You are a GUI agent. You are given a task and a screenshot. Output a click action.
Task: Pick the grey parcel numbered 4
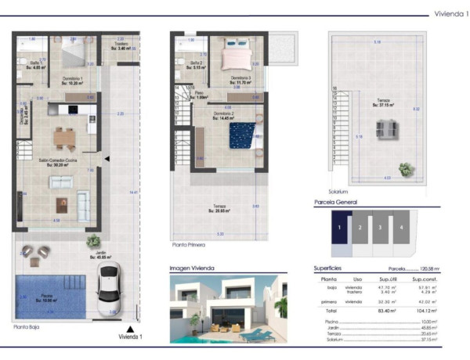point(403,228)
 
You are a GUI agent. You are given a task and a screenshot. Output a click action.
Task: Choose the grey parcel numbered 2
point(360,228)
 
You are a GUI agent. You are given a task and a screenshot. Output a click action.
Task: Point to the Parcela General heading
point(336,202)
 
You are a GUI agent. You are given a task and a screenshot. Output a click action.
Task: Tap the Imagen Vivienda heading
point(193,268)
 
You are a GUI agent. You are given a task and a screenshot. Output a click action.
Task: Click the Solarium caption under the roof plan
point(338,191)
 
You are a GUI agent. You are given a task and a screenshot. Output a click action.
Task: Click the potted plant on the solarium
point(406,168)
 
